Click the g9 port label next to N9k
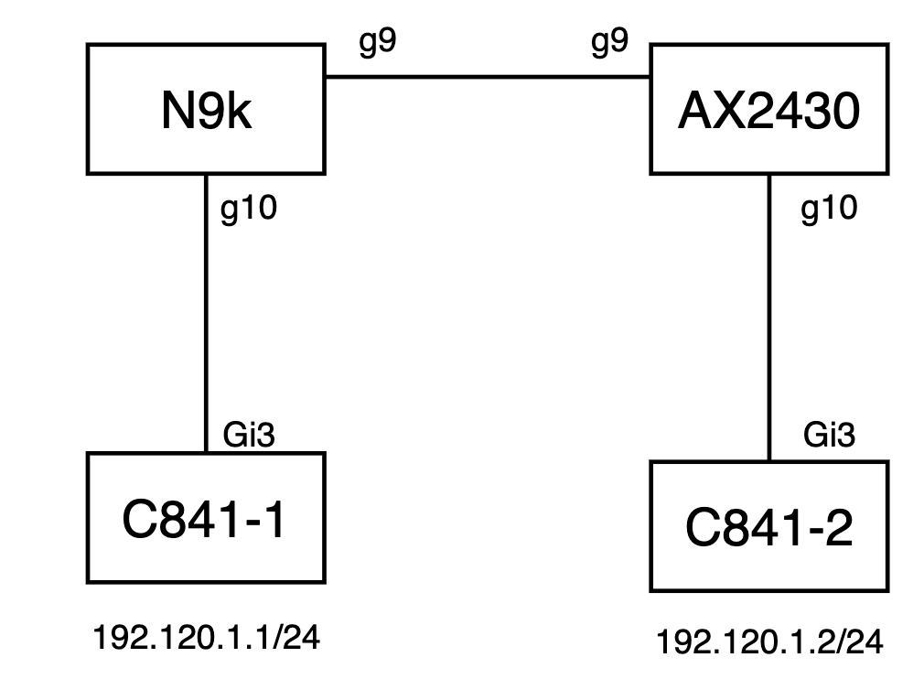tap(377, 44)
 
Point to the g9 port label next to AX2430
tap(609, 44)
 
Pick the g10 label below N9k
tap(249, 210)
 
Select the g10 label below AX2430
tap(829, 209)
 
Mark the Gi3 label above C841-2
tap(829, 435)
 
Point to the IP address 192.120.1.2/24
tap(769, 643)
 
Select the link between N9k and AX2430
tap(488, 78)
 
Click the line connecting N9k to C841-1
tap(207, 311)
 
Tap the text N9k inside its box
tap(206, 115)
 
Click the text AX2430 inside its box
tap(768, 113)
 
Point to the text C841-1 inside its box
tap(206, 519)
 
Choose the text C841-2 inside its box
tap(768, 528)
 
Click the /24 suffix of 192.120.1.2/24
tap(861, 643)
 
